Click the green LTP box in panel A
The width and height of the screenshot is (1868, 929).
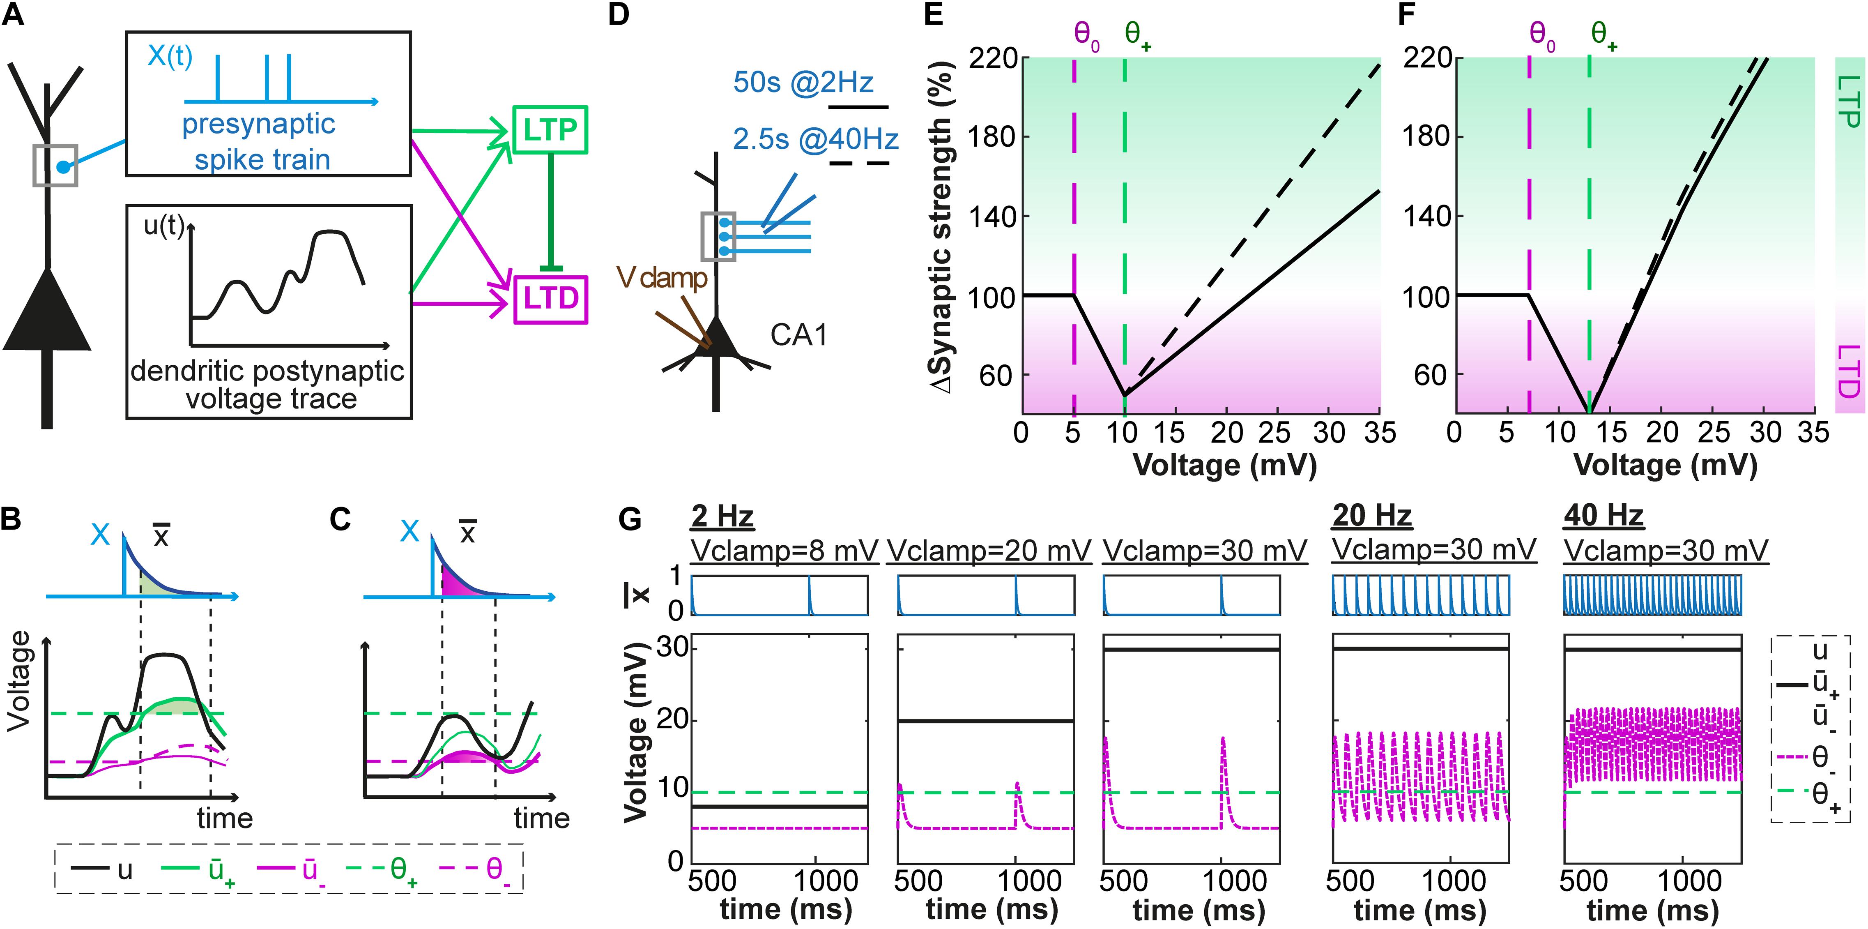550,130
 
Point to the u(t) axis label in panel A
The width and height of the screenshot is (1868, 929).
164,226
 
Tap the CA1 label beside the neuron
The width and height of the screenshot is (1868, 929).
798,334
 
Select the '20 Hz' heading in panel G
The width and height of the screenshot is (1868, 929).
1372,516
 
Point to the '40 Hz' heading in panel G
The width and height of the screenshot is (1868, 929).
1603,516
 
